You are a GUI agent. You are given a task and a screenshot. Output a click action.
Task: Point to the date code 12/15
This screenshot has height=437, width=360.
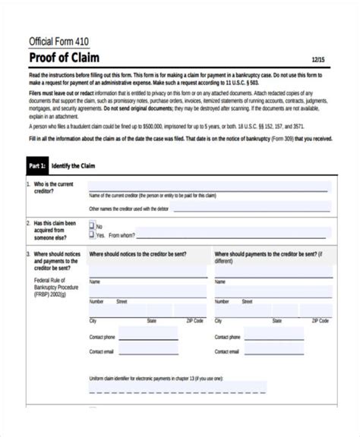tap(320, 60)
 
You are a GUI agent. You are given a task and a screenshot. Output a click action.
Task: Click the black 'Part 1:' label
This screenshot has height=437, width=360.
tap(38, 165)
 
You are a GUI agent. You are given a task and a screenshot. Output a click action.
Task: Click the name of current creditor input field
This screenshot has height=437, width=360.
tap(210, 188)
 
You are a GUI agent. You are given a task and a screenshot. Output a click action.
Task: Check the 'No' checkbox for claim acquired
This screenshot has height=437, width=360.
tap(92, 225)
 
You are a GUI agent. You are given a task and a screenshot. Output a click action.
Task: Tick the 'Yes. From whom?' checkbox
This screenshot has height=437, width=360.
tap(92, 234)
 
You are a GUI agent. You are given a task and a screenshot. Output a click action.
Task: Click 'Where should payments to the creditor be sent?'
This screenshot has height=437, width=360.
tap(270, 258)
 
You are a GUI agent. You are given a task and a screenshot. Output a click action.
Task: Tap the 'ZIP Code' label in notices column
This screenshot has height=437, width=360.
tap(194, 321)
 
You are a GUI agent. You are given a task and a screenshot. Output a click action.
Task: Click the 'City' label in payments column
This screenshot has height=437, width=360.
tap(219, 321)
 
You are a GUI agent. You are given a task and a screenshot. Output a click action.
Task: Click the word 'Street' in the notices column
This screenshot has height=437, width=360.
tap(122, 301)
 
